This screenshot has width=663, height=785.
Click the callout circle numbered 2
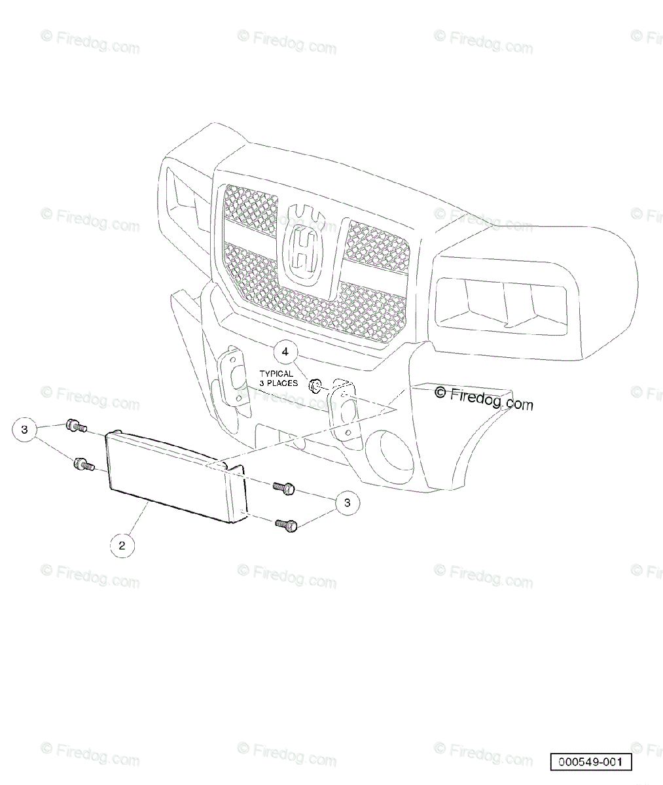coord(122,545)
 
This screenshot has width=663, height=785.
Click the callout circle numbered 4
coord(285,352)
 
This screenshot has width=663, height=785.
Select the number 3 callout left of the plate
coord(25,430)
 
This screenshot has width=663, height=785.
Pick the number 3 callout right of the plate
coord(348,502)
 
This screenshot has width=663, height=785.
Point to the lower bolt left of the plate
coord(83,464)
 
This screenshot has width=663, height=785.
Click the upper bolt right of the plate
coord(284,487)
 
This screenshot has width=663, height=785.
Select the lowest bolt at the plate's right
coord(286,524)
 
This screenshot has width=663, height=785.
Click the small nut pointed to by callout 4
coord(314,385)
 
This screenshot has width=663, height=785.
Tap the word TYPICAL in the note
coord(276,374)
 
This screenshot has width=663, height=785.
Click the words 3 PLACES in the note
coord(278,383)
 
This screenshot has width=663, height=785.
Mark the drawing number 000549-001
coord(591,762)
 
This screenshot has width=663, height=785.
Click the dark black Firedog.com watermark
coord(484,398)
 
